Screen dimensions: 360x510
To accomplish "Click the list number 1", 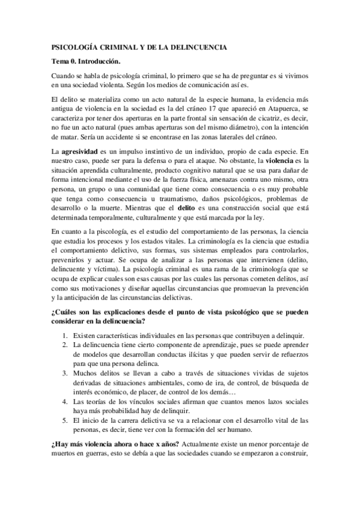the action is click(64, 335).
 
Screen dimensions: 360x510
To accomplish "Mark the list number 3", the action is click(64, 373).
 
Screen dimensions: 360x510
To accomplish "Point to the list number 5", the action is click(64, 422).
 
